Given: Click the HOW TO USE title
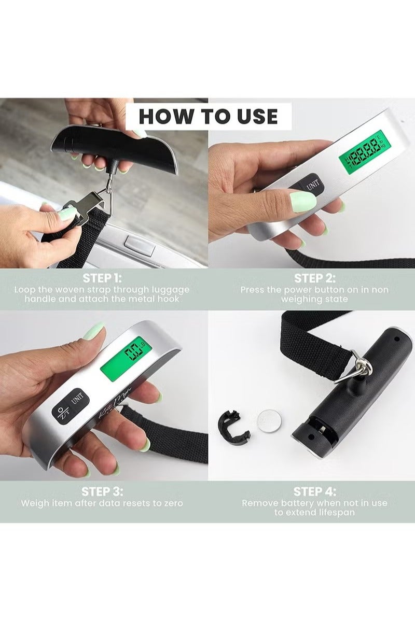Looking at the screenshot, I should pos(208,116).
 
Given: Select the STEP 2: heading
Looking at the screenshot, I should pos(314,278).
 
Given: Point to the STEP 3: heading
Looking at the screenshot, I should pos(102,491).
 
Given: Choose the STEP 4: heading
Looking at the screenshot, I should pos(314,491).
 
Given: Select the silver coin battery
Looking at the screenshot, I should pos(269,418).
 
